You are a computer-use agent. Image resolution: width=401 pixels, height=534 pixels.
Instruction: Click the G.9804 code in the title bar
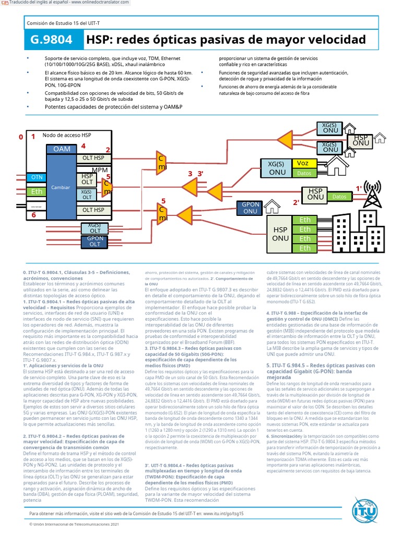point(53,40)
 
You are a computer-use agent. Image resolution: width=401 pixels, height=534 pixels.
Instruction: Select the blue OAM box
point(62,149)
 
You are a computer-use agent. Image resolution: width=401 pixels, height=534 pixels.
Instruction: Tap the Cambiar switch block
point(61,187)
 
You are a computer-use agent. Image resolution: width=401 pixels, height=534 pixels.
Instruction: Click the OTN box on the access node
point(37,177)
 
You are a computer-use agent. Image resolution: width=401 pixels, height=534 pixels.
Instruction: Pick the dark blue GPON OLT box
point(95,241)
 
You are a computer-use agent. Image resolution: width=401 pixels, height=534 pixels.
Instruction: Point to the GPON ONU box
point(250,208)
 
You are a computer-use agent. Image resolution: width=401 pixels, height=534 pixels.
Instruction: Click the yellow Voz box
point(303,163)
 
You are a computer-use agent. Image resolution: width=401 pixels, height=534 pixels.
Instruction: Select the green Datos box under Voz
point(303,173)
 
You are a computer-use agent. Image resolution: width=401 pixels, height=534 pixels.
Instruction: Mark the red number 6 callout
point(34,215)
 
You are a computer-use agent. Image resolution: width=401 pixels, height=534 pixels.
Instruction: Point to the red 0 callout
point(21,137)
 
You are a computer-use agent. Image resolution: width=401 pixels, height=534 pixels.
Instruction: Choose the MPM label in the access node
point(99,171)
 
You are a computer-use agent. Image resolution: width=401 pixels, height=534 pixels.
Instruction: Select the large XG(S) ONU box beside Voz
point(277,168)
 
